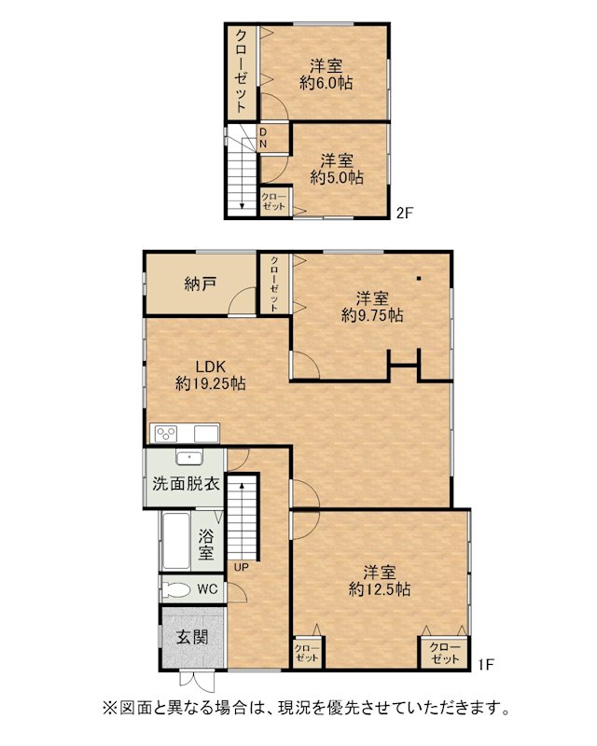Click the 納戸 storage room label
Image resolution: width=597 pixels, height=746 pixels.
pos(201,284)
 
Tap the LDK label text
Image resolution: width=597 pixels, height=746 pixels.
pos(211,366)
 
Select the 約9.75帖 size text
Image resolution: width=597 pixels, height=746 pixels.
pos(372,315)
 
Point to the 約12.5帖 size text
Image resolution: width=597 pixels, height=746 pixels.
pos(380,589)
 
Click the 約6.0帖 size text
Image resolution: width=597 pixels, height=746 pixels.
pos(326,83)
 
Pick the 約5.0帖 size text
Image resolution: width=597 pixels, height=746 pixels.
pos(337,177)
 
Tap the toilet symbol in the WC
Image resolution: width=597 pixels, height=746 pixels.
pos(176,590)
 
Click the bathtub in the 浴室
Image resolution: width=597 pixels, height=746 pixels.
pos(175,541)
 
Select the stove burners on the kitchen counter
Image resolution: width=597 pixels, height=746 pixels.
pos(167,434)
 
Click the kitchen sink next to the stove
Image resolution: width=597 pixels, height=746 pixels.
pos(205,434)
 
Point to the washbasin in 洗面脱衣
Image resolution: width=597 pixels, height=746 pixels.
pos(189,457)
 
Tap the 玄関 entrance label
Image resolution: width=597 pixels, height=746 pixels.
pos(192,637)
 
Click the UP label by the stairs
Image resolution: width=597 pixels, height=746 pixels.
pos(241,567)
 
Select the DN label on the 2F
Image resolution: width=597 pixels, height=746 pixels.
pos(263,138)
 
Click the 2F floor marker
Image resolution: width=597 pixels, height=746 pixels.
pos(405,213)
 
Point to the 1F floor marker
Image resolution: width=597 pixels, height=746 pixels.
pos(486,664)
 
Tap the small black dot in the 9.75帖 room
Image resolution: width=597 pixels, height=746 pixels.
pos(419,278)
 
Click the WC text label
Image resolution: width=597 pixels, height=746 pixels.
pos(208,589)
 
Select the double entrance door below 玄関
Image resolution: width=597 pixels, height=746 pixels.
pos(197,681)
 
